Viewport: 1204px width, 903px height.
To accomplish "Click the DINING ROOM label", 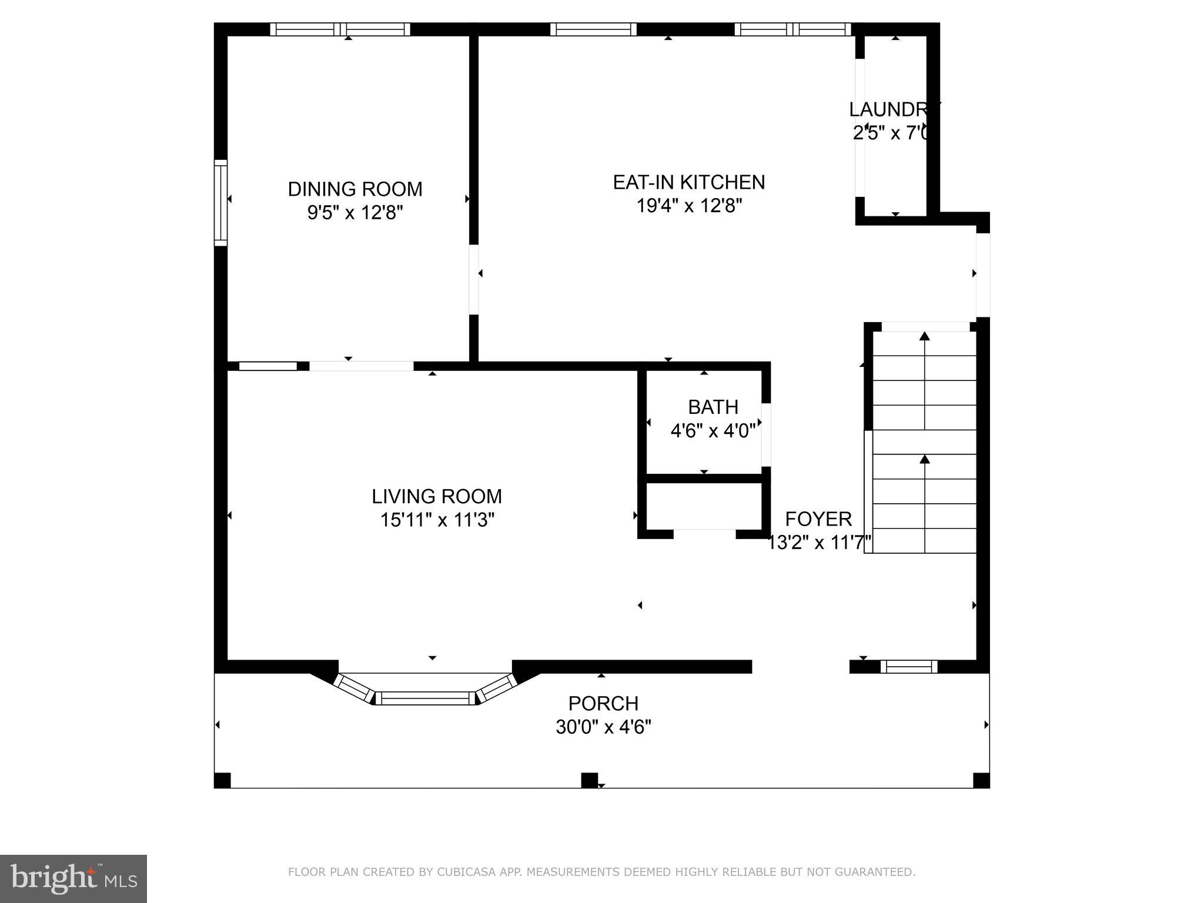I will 354,189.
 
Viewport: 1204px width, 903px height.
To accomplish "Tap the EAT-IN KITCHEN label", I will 688,182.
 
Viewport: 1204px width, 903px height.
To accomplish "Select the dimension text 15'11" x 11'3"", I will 436,520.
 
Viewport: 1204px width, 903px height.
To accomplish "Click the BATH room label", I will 713,407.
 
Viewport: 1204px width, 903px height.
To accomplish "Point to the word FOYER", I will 818,519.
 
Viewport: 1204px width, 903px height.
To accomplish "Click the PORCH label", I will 603,704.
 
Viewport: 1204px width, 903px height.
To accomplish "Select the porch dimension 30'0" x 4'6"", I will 603,728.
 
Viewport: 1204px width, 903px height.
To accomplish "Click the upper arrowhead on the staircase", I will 924,336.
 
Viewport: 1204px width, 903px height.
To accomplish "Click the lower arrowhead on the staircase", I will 924,459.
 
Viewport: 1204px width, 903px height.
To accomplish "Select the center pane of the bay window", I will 425,698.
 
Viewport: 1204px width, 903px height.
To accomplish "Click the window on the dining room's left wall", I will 220,202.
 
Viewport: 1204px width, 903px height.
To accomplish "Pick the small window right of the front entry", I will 908,667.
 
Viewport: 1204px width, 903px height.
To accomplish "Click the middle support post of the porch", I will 589,780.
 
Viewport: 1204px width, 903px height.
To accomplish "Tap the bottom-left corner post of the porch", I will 222,780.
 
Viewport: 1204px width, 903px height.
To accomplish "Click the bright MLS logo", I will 73,878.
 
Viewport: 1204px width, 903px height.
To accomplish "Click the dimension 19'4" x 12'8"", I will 688,206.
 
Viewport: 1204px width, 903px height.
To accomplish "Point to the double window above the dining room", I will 340,29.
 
